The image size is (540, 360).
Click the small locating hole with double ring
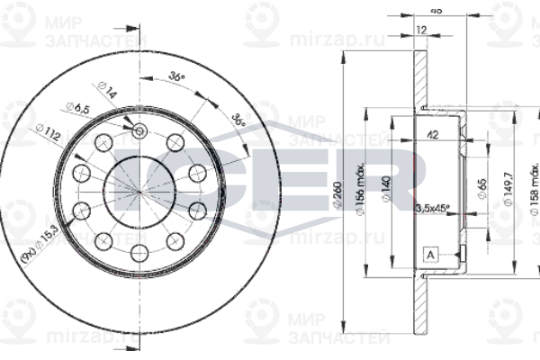click(139, 133)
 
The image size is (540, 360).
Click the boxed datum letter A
click(430, 256)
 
